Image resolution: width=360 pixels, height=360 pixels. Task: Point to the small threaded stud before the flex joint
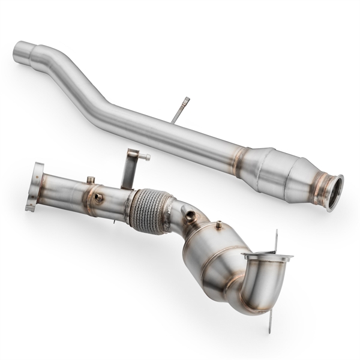click(x=91, y=179)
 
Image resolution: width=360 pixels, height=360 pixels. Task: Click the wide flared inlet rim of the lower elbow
click(x=268, y=257)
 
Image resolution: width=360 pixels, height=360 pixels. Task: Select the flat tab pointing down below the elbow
click(x=270, y=321)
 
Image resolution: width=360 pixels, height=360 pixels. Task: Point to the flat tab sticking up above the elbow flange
click(x=276, y=240)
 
